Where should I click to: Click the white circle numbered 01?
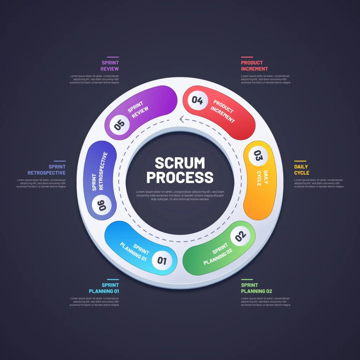click(x=162, y=261)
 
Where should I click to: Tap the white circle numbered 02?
click(x=240, y=236)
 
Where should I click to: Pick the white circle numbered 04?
click(x=197, y=101)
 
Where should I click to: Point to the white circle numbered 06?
click(x=102, y=205)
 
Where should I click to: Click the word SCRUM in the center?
click(x=180, y=163)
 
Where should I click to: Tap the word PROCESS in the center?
click(x=180, y=178)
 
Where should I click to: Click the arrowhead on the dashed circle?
click(x=182, y=119)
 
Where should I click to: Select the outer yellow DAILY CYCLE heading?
click(x=302, y=170)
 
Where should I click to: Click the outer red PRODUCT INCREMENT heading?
click(x=254, y=66)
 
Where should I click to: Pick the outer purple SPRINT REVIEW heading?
click(x=110, y=66)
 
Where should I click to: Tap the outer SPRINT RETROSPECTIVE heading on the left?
click(x=47, y=170)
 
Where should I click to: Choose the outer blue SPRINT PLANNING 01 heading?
click(x=104, y=288)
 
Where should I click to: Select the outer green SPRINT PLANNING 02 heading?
click(x=256, y=288)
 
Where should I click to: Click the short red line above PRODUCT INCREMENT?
click(x=247, y=57)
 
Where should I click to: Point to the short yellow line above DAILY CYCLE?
click(x=300, y=161)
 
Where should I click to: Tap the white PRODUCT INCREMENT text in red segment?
click(x=223, y=111)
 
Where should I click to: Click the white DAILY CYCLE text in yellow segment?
click(x=262, y=178)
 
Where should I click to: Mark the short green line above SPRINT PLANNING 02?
click(x=247, y=279)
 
